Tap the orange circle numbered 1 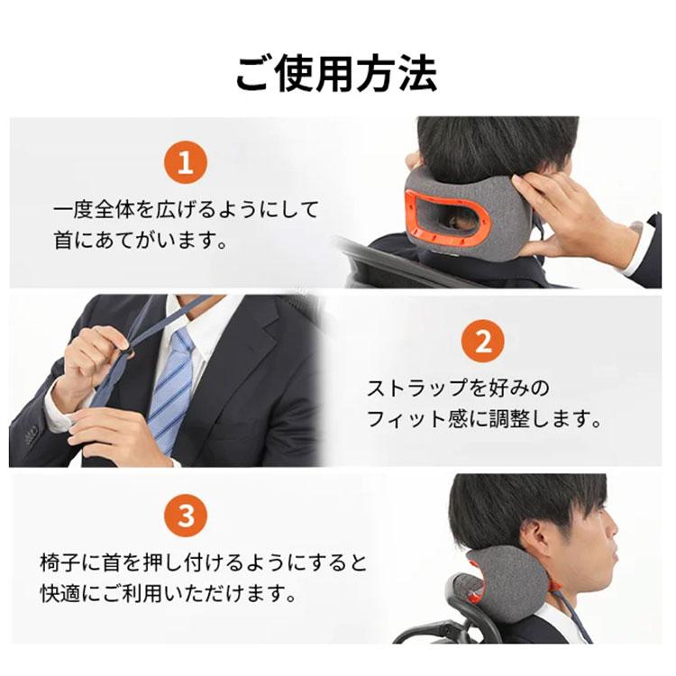(186, 164)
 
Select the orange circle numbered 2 (482, 342)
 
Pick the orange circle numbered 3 (186, 516)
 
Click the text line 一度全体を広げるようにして (186, 210)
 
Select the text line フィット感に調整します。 (483, 420)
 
